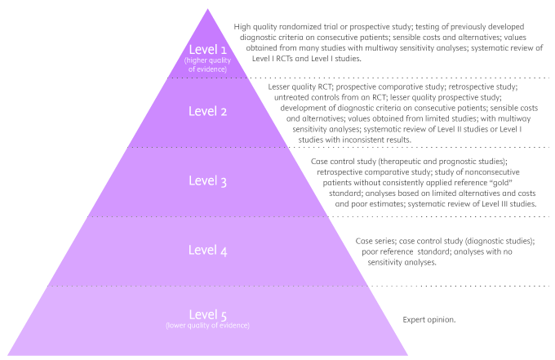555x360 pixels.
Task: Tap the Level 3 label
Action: [206, 180]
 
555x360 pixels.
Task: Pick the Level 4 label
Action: [206, 250]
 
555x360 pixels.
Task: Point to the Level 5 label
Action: [207, 314]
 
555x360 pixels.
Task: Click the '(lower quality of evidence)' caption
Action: [207, 326]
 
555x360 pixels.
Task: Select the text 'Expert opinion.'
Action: [428, 319]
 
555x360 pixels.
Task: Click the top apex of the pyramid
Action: [207, 9]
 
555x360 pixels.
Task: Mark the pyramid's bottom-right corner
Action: [407, 355]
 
